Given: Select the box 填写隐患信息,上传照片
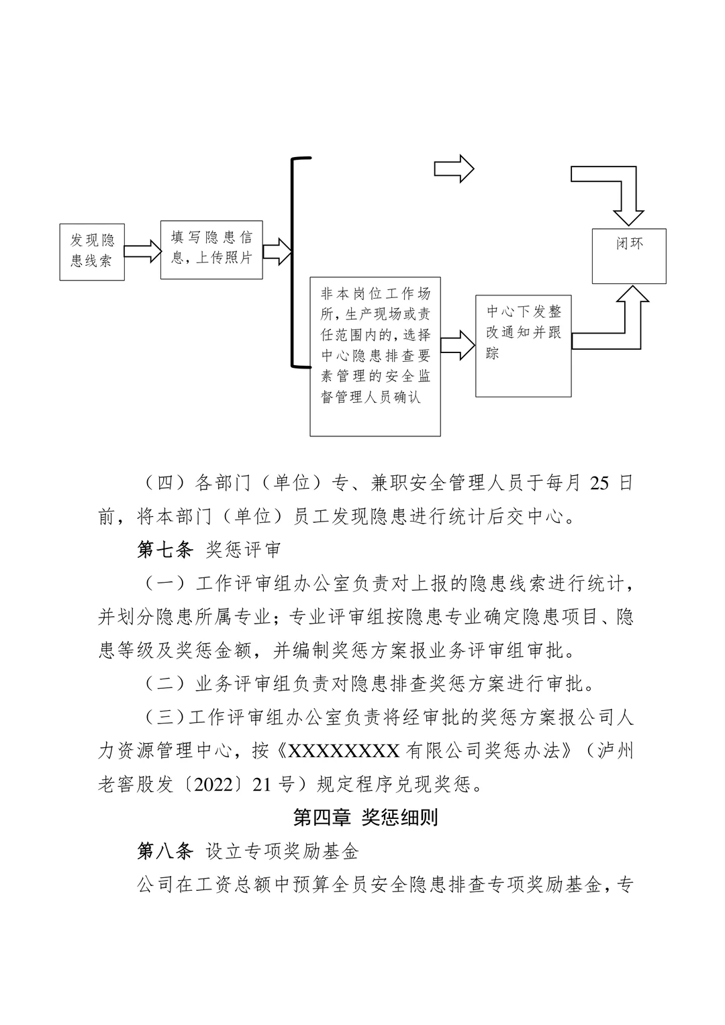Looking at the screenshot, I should click(x=211, y=249).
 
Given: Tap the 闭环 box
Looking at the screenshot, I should click(x=629, y=255).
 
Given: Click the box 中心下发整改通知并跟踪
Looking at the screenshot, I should click(x=524, y=345).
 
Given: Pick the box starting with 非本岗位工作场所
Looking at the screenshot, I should click(x=375, y=356).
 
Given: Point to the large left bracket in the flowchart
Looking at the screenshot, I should click(x=294, y=262).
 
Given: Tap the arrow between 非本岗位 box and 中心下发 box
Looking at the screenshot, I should click(x=458, y=346).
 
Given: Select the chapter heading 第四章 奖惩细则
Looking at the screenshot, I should click(x=365, y=818).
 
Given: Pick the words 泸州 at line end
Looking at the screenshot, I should click(x=616, y=750).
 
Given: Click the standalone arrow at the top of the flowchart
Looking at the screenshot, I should click(x=454, y=168).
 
